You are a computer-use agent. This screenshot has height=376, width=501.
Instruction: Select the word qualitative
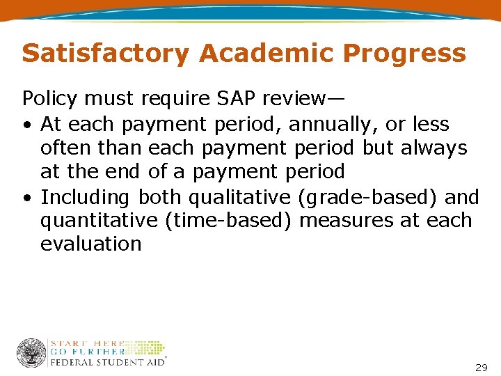tap(241, 197)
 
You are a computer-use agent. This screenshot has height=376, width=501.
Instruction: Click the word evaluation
tap(91, 244)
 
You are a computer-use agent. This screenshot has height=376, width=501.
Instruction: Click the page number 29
tap(481, 367)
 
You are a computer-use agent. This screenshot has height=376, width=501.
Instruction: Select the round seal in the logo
tap(31, 353)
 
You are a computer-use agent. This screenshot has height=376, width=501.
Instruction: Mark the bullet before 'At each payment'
tap(26, 125)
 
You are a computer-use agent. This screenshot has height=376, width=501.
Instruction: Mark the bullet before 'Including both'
tap(26, 198)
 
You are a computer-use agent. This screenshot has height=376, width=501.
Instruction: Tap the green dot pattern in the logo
tap(146, 348)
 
